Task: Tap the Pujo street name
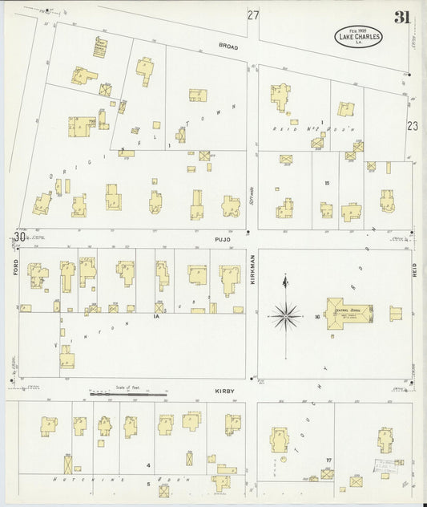[222, 239]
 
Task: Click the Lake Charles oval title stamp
[359, 36]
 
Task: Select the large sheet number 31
[401, 18]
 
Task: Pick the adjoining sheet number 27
[253, 15]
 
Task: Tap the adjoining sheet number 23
[413, 125]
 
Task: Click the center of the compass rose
[285, 315]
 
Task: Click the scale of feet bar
[128, 394]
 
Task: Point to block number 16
[318, 318]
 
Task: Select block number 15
[327, 184]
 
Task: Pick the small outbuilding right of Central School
[395, 313]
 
